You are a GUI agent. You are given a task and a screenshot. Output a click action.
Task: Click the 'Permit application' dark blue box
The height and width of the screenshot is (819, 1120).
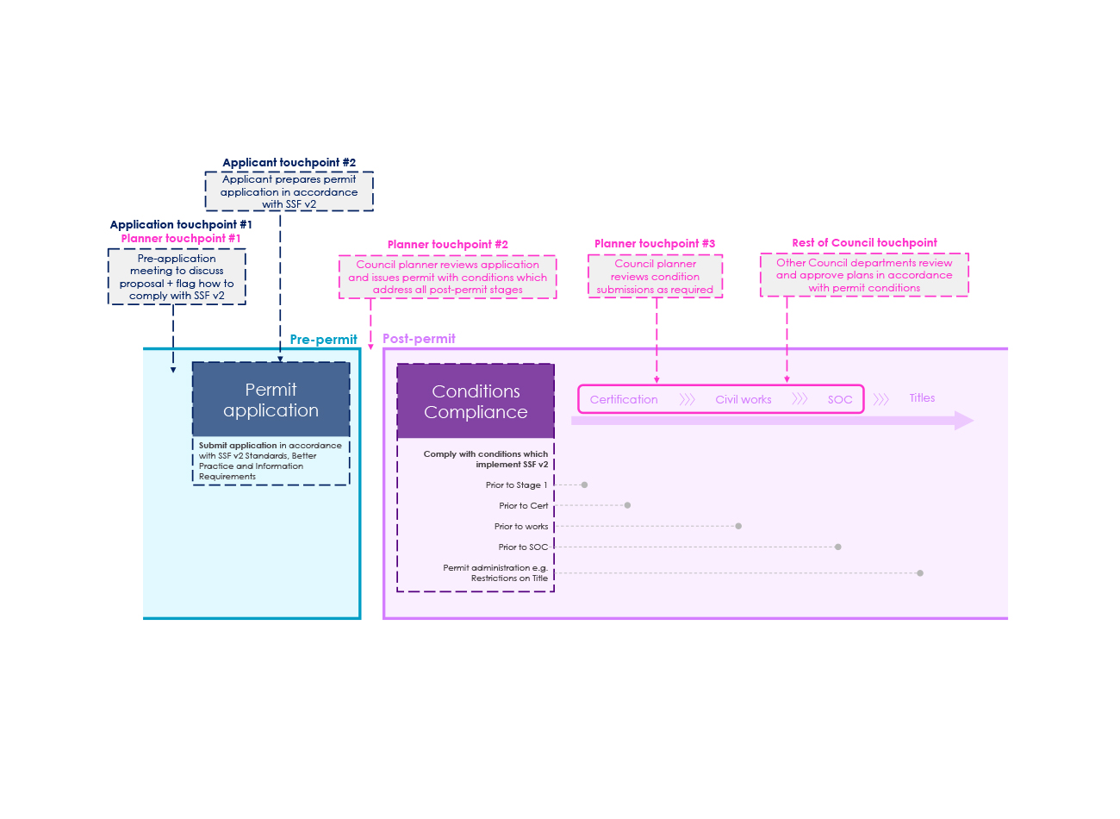(x=271, y=400)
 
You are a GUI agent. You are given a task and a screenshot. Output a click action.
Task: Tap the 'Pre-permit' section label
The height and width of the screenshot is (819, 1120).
(x=324, y=341)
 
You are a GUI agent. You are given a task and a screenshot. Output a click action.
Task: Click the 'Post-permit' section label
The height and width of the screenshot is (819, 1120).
(x=420, y=339)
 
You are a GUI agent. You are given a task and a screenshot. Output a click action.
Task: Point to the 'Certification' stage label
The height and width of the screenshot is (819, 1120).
(x=625, y=400)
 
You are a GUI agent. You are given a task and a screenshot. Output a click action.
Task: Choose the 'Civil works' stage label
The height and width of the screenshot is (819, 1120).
(x=744, y=400)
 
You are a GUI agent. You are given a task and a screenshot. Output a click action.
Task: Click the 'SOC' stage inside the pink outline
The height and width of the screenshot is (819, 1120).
(x=841, y=400)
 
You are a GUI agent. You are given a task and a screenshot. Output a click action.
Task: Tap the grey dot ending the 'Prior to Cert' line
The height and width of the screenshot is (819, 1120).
(x=628, y=506)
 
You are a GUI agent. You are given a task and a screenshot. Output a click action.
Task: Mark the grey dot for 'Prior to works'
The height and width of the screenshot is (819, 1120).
(x=739, y=528)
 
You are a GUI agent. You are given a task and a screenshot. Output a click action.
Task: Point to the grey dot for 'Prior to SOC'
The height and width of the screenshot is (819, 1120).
(x=839, y=547)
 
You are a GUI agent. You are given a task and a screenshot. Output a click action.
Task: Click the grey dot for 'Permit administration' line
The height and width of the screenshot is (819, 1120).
(x=921, y=574)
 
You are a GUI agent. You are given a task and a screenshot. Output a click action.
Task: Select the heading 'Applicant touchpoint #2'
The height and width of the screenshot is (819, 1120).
(x=289, y=163)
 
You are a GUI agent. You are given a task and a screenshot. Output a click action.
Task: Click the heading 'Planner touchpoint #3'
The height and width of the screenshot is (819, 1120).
(x=656, y=244)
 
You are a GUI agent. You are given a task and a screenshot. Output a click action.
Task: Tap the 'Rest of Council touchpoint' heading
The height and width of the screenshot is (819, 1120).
(x=865, y=243)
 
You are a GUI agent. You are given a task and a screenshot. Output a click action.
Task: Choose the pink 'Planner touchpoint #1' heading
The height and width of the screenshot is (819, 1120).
(x=181, y=239)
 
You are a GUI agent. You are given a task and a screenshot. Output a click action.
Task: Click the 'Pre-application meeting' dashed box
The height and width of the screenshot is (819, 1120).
(x=177, y=278)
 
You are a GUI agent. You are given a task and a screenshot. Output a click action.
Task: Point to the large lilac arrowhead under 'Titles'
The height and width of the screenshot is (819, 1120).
(x=965, y=422)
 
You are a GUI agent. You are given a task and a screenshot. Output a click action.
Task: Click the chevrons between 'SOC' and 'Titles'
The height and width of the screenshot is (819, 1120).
(x=881, y=400)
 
